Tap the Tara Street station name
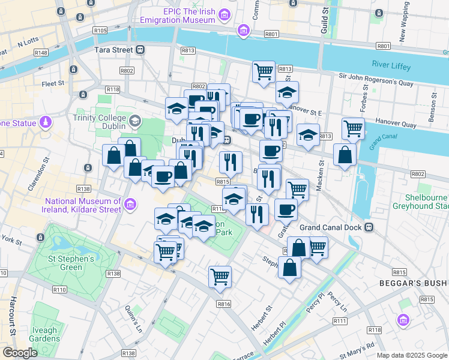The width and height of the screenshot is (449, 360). tap(114, 50)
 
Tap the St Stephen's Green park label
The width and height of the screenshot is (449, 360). tap(71, 263)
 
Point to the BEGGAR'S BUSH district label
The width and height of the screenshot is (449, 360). tap(414, 283)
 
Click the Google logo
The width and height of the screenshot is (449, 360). tap(20, 353)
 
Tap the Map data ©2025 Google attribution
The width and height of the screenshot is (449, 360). tap(411, 355)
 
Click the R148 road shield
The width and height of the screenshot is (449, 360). tap(41, 53)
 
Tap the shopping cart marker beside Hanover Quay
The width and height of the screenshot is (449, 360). tap(353, 128)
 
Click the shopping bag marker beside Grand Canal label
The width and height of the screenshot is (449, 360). tap(345, 154)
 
